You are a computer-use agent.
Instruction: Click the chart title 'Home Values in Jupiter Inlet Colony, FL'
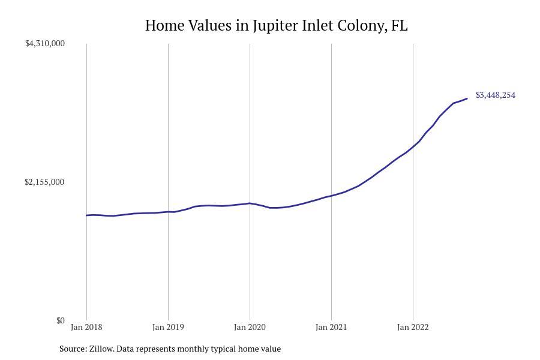[276, 26]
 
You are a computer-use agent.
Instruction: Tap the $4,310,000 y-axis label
[45, 43]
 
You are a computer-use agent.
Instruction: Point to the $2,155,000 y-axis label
[45, 182]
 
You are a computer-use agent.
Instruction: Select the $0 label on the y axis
[61, 320]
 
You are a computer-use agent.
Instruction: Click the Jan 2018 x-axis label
[86, 328]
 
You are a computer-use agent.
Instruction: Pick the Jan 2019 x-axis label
[168, 328]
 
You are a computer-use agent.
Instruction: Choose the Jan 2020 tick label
[250, 328]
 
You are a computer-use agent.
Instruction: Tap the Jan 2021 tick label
[331, 328]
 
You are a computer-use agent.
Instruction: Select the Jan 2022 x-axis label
[413, 328]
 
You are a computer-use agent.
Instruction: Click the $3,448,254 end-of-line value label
[496, 95]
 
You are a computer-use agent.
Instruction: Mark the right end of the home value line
[467, 98]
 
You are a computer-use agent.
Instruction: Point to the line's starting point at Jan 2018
[87, 215]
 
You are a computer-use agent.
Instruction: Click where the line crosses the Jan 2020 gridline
[250, 203]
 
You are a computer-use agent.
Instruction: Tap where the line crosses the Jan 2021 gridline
[331, 196]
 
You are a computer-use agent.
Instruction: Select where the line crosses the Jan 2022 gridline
[413, 146]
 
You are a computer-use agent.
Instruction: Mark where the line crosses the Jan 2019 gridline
[168, 212]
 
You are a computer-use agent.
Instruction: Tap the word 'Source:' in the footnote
[73, 349]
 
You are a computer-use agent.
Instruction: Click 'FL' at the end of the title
[399, 26]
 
